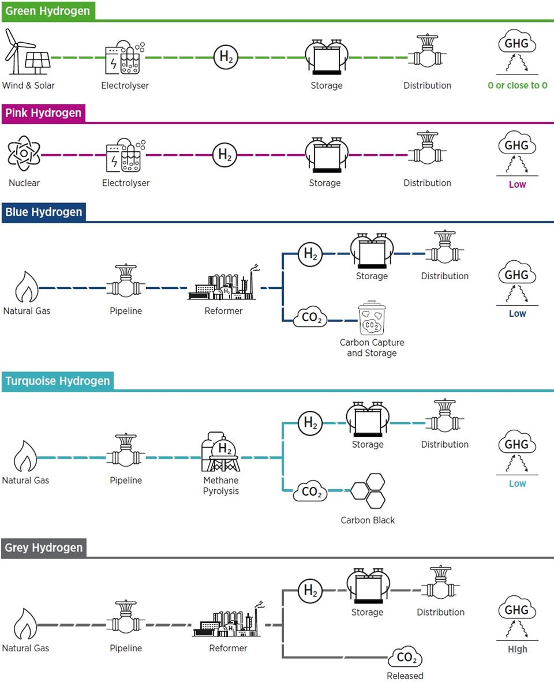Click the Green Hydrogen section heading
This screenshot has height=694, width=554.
pos(47,11)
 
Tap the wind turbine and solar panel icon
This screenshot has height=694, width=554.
pos(24,52)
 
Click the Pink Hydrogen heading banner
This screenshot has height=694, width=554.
pos(44,113)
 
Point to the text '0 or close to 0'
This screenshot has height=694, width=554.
pos(517,85)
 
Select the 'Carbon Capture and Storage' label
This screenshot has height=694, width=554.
pos(372,348)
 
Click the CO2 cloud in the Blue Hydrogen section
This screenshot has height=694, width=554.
pos(311,318)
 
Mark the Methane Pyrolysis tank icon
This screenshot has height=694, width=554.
pos(221,453)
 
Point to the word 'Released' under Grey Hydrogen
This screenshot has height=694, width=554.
pos(405,676)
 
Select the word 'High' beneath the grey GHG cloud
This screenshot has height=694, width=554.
pos(517,650)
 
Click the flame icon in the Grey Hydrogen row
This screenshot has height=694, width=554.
pos(25,624)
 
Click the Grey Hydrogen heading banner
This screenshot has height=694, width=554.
pos(44,547)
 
